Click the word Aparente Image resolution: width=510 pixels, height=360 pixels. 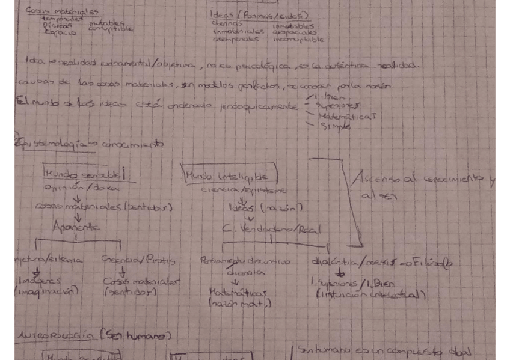click(x=76, y=227)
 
